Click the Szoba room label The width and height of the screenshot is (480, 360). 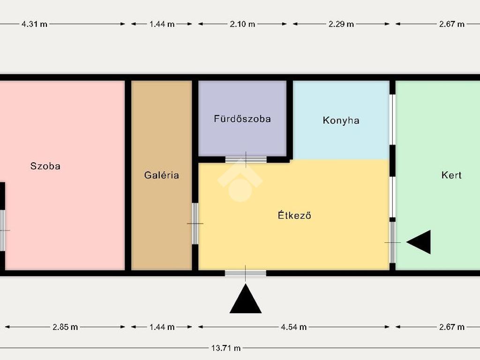point(45,166)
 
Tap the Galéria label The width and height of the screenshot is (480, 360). point(161,175)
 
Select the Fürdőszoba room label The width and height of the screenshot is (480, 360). point(242,119)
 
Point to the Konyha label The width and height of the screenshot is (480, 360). point(341,120)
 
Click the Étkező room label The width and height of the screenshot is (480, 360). point(294,215)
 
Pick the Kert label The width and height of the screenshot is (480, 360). point(451,175)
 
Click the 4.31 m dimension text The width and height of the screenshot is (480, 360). point(34,24)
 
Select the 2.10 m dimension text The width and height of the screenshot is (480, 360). point(242,24)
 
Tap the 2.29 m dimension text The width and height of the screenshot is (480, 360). point(341,24)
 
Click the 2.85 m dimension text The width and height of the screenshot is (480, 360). point(65,327)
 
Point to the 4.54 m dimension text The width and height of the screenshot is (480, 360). point(293,327)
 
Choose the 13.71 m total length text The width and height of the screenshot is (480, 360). point(226,348)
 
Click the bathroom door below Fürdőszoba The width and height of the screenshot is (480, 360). point(246,159)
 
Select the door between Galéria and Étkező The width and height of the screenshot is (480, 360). point(195,224)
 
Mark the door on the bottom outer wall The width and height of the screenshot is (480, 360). point(246,273)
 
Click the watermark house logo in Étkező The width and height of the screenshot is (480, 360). point(240,183)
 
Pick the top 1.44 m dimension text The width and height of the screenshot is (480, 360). point(162,24)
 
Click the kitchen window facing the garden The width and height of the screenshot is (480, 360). point(392,120)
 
